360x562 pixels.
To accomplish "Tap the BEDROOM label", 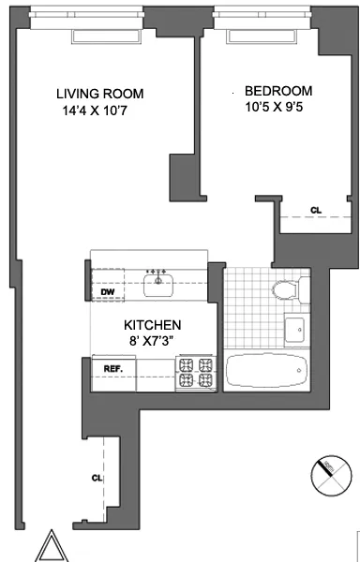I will (278, 91).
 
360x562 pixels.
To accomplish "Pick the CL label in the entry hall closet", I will (97, 478).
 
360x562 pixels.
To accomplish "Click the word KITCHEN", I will (156, 325).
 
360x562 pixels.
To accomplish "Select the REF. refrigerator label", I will (114, 368).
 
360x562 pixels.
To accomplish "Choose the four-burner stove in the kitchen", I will (196, 374).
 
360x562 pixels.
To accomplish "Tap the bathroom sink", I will (293, 330).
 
